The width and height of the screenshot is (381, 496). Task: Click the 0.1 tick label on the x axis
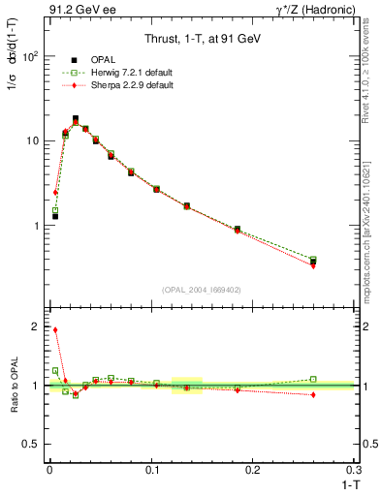pyautogui.click(x=151, y=468)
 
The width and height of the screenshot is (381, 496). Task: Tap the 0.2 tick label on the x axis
pyautogui.click(x=253, y=468)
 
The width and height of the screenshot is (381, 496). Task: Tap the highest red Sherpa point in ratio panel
pyautogui.click(x=55, y=330)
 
